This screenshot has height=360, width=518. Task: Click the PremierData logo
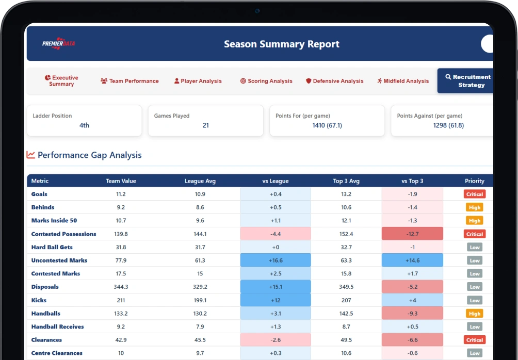pyautogui.click(x=58, y=43)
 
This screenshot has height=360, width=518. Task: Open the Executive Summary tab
pyautogui.click(x=61, y=81)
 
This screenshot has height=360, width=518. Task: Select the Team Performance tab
pyautogui.click(x=129, y=81)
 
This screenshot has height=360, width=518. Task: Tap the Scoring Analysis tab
pyautogui.click(x=266, y=81)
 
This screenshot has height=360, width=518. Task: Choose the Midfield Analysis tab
pyautogui.click(x=403, y=81)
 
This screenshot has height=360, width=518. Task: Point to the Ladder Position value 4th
pyautogui.click(x=84, y=125)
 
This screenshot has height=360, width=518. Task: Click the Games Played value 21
pyautogui.click(x=206, y=125)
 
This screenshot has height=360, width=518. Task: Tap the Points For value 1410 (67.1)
pyautogui.click(x=327, y=125)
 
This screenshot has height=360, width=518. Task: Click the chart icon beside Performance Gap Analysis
pyautogui.click(x=31, y=155)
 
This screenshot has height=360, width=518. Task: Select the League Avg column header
pyautogui.click(x=200, y=181)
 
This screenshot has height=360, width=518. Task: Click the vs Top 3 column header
pyautogui.click(x=412, y=181)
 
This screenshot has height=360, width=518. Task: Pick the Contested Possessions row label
pyautogui.click(x=64, y=234)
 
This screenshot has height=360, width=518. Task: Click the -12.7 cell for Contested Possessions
pyautogui.click(x=412, y=234)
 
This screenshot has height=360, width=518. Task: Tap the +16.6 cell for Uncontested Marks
pyautogui.click(x=276, y=260)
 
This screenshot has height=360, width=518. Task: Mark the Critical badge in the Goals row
pyautogui.click(x=475, y=194)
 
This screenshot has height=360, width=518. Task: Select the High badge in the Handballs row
pyautogui.click(x=475, y=314)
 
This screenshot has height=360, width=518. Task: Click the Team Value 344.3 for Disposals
pyautogui.click(x=121, y=287)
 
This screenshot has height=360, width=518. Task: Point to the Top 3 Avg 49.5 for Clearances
pyautogui.click(x=346, y=340)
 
